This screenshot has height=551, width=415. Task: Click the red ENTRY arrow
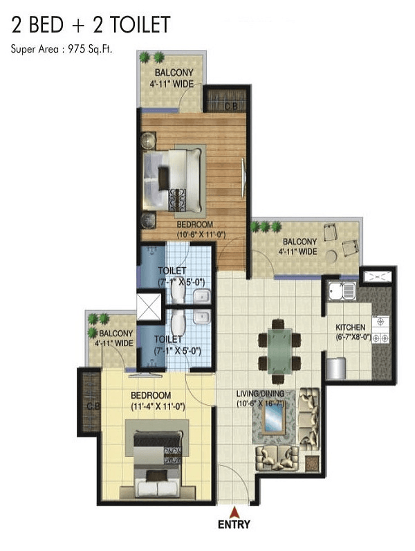click(x=234, y=512)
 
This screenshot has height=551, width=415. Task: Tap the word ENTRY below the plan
click(x=234, y=525)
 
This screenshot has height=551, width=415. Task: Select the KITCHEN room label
click(x=350, y=327)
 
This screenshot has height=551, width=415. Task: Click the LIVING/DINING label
click(x=260, y=394)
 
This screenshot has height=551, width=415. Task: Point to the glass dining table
click(x=279, y=352)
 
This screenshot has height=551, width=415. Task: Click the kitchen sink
click(x=342, y=291)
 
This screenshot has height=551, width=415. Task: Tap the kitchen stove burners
click(x=380, y=329)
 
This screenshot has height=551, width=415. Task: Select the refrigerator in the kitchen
click(x=336, y=368)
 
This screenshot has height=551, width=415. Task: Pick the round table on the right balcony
click(x=331, y=257)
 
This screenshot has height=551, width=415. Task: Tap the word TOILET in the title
click(x=141, y=25)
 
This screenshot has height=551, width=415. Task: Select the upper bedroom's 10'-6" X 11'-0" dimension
click(x=201, y=235)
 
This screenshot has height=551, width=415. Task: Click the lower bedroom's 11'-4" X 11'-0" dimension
click(x=158, y=407)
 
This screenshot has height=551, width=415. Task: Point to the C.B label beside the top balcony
click(x=231, y=106)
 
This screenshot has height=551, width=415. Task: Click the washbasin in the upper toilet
click(x=202, y=296)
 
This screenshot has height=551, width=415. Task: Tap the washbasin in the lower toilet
click(x=202, y=317)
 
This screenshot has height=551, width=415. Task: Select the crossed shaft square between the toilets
click(x=149, y=307)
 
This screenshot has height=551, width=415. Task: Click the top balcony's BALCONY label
click(x=174, y=73)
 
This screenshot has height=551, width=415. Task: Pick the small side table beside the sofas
click(x=312, y=464)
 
